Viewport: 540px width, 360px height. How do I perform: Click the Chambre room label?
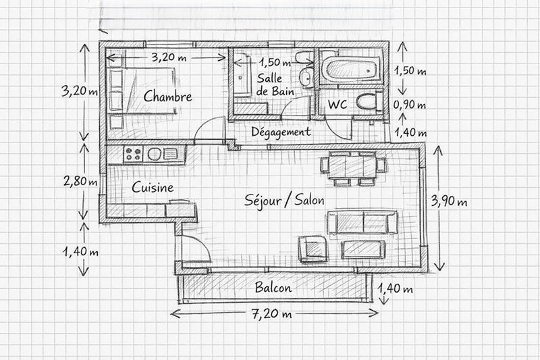tap(167, 97)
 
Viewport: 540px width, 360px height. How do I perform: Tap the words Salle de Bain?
tap(271, 85)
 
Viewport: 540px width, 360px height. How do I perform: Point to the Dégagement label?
tap(281, 132)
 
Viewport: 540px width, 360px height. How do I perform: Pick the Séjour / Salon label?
tap(283, 201)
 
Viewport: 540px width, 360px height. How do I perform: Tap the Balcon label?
tap(273, 288)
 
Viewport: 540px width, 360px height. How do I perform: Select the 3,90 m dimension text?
tap(452, 201)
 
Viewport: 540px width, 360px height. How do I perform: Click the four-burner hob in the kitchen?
tap(133, 154)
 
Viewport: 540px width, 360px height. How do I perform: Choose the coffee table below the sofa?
tap(362, 249)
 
